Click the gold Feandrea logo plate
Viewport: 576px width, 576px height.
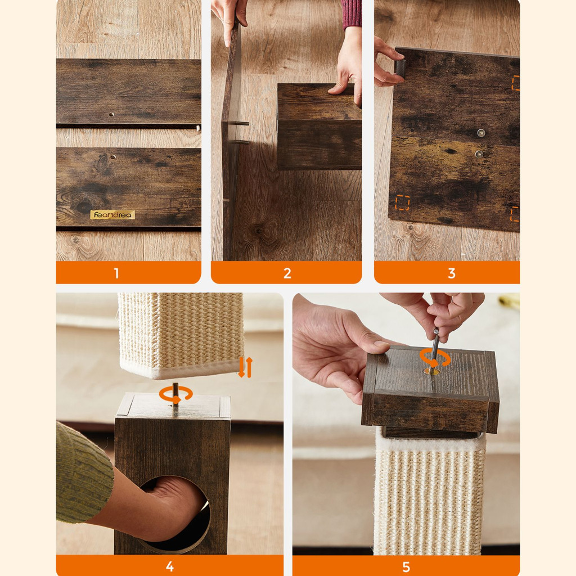(112, 214)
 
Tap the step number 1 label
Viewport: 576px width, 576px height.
(116, 273)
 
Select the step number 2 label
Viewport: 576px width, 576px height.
(287, 273)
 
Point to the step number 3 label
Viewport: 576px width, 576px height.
(452, 273)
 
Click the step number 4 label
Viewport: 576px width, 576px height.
(170, 566)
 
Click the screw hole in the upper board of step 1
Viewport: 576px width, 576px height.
(111, 115)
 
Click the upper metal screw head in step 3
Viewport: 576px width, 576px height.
(481, 133)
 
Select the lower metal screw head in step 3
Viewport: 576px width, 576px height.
(479, 154)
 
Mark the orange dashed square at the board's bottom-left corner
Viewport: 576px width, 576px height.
(402, 202)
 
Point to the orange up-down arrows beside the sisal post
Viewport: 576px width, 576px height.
(245, 367)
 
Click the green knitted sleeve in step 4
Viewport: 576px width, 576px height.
(83, 474)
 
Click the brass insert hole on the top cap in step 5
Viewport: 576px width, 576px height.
(432, 372)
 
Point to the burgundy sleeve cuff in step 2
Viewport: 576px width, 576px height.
(352, 14)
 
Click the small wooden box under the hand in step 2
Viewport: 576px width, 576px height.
(319, 127)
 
